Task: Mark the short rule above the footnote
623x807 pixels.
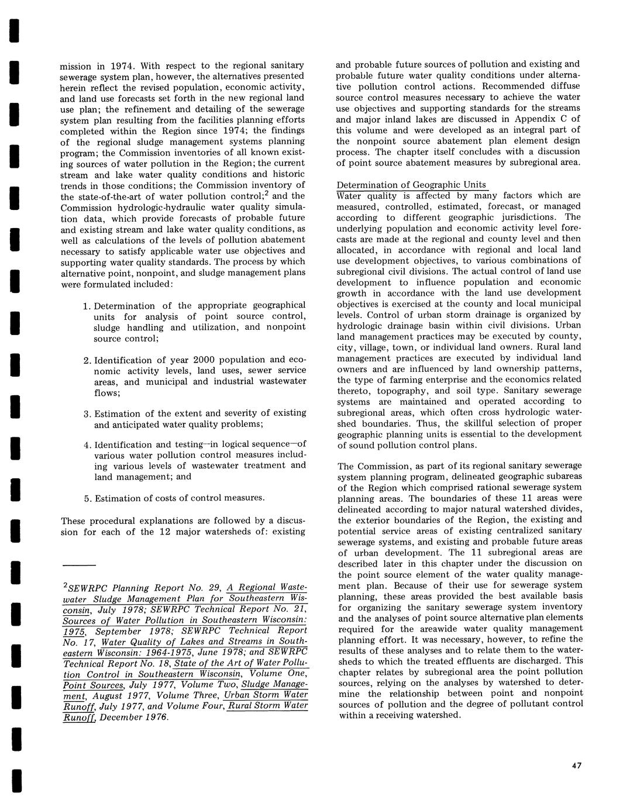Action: [78, 565]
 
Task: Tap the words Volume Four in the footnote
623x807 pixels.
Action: [195, 706]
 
